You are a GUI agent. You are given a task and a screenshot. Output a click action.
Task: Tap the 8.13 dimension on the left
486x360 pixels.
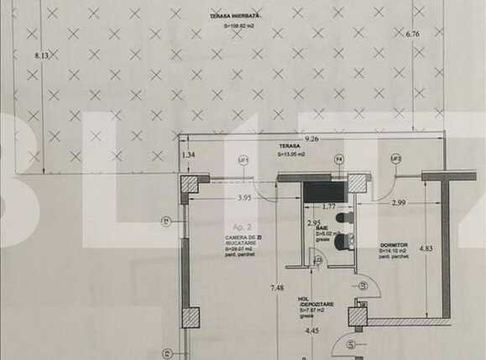tap(42, 55)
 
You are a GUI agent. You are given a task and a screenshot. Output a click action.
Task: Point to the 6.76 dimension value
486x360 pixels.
tap(411, 35)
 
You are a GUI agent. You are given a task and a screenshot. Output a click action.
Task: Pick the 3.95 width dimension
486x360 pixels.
tap(245, 198)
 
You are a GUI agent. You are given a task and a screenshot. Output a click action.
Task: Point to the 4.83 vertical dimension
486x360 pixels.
tap(426, 248)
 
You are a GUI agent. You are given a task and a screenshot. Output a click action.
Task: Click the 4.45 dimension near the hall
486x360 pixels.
tap(311, 331)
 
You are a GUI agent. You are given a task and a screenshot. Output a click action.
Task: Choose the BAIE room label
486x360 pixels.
tap(321, 227)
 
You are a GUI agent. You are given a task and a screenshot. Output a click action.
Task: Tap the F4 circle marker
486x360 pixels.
tap(339, 158)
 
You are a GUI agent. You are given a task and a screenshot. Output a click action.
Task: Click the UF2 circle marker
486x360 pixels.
tap(395, 158)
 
